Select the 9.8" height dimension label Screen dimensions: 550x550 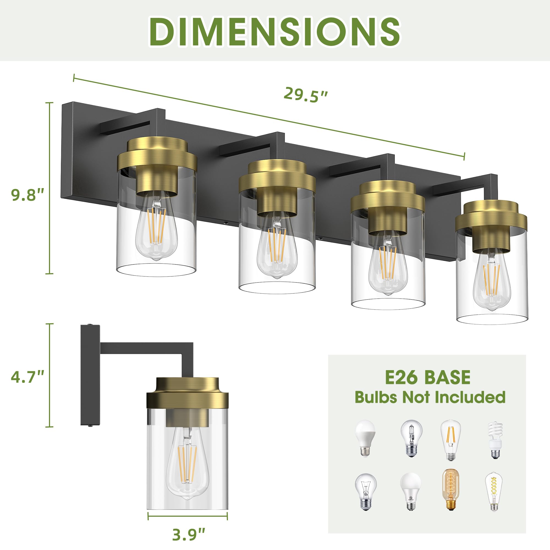(27, 195)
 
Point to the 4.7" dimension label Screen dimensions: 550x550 (27, 377)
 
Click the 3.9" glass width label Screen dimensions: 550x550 (188, 535)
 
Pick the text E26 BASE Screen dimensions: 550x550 (428, 378)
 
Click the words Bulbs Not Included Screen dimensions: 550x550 (430, 397)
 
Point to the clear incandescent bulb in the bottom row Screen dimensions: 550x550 (365, 491)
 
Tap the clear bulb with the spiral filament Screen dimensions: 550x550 (494, 491)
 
